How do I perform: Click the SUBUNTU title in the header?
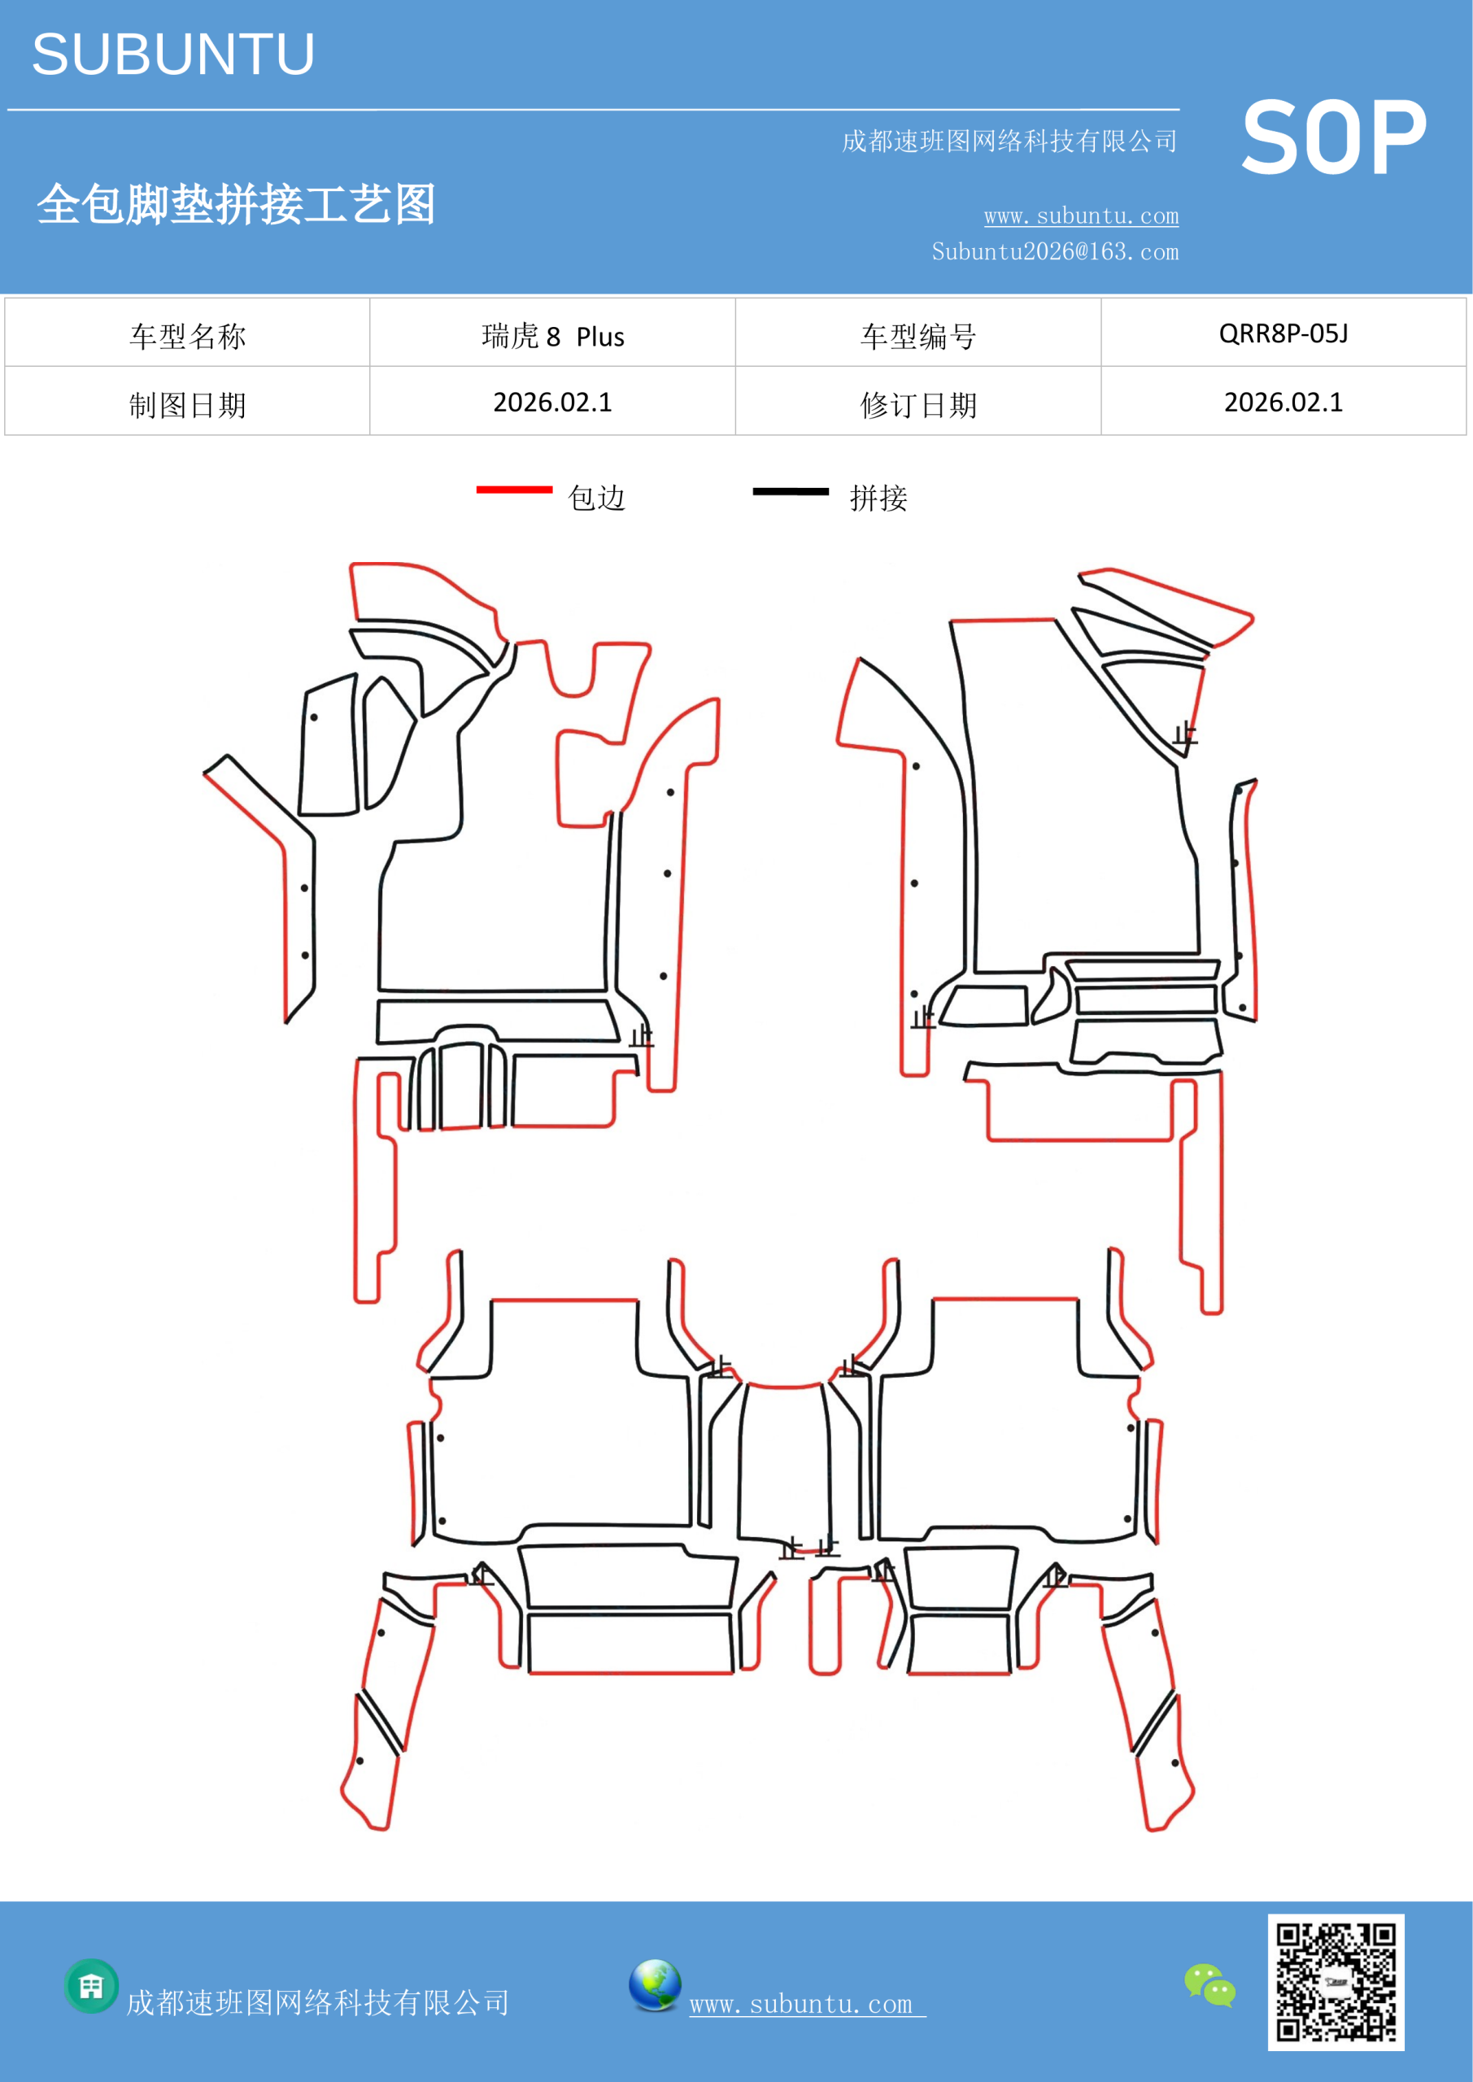(x=173, y=54)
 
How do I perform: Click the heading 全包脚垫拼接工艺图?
(x=236, y=203)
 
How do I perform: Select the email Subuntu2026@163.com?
(x=1055, y=251)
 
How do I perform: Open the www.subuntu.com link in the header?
(x=1081, y=216)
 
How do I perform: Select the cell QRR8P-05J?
(x=1283, y=333)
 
